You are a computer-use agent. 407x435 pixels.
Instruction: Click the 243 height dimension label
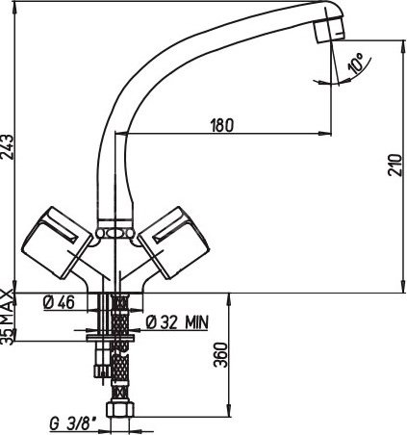click(7, 146)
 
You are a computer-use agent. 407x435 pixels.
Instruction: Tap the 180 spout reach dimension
click(222, 125)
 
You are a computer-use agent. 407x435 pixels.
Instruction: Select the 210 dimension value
click(394, 165)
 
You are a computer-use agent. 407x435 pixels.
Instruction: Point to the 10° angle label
click(356, 63)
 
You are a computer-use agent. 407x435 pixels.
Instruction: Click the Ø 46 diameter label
click(59, 302)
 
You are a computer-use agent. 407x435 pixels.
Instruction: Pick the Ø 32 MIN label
click(177, 322)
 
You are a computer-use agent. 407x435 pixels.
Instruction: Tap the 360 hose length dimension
click(220, 355)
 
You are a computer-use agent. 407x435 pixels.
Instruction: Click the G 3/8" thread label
click(74, 423)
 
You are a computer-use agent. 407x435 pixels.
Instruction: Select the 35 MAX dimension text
click(7, 317)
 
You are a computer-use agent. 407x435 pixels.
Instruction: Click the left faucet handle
click(57, 243)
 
